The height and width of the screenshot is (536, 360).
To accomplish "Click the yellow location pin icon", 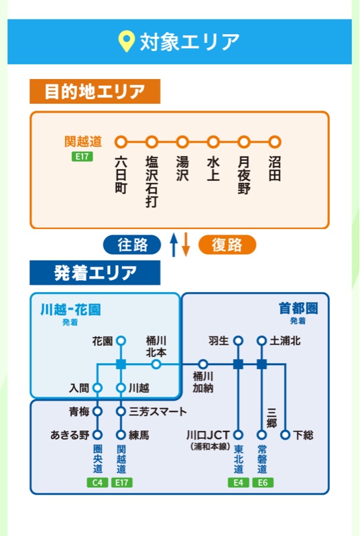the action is point(126,42).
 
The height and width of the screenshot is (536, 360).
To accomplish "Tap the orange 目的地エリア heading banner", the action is point(95,91).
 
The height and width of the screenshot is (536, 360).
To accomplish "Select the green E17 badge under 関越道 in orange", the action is point(82,157).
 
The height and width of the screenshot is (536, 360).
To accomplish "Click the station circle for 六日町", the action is point(121,141).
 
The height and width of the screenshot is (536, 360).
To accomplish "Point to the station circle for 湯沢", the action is point(182,141).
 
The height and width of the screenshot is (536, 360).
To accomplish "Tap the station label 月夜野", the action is point(244,175).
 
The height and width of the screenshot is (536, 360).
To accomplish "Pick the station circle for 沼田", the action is point(275,141).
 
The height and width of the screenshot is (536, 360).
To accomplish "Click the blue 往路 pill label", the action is point(132,245).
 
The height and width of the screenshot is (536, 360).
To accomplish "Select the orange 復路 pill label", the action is point(227,245).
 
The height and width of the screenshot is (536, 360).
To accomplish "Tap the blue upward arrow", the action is point(174,245).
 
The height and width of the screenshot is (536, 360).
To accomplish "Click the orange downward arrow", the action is point(186,245).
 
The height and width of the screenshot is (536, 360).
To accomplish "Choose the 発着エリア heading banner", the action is point(95,273).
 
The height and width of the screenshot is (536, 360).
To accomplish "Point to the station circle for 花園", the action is point(121,341).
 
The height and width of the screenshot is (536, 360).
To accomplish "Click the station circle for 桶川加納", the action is point(202,364).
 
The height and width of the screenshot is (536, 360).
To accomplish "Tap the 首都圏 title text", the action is point(298,308).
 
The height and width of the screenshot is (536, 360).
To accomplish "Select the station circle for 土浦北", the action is point(261,341).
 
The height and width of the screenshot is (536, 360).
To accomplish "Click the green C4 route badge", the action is point(97,482).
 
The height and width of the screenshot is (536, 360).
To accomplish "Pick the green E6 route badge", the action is point(263,482).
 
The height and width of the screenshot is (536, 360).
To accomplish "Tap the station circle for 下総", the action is point(285,435).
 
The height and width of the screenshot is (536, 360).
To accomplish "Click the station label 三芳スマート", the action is point(158,411).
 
